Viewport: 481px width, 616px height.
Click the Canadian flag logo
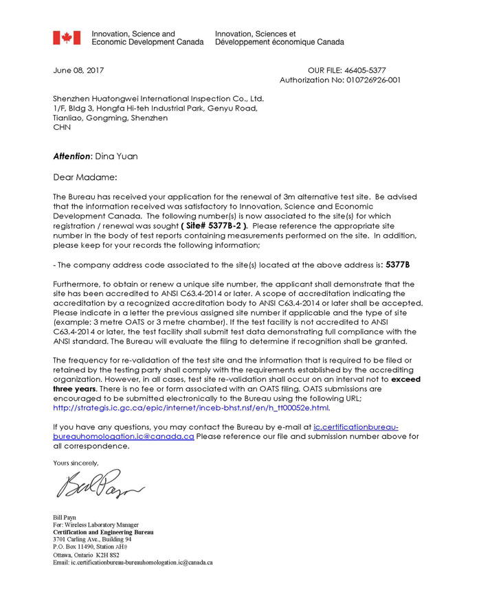[x=67, y=38]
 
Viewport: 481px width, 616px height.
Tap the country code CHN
[x=62, y=128]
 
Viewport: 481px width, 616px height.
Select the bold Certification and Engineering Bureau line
[x=103, y=532]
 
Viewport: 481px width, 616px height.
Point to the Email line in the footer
[x=133, y=562]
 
